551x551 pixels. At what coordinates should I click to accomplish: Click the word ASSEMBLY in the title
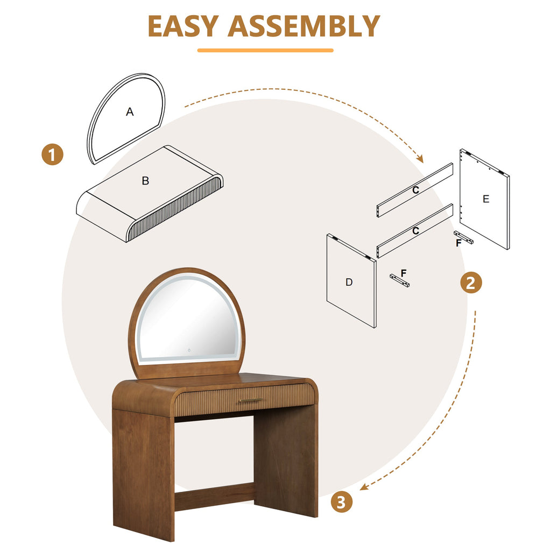coord(304,26)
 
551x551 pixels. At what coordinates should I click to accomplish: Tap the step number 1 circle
coord(52,155)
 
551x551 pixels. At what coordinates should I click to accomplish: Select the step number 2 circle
coord(471,282)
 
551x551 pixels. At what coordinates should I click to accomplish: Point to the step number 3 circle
coord(341,502)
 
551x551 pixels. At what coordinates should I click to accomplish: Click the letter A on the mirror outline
coord(130,112)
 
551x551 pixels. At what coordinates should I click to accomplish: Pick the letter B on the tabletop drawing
coord(145,181)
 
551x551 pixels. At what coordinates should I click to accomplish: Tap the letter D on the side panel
coord(349,282)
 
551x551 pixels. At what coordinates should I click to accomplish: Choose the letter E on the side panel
coord(486,199)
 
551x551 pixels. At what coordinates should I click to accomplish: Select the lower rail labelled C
coord(415,231)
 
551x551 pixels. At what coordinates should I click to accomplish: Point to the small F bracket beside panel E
coord(464,238)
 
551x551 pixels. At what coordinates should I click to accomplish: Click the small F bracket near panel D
coord(399,280)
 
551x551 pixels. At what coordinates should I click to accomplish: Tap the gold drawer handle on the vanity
coord(251,400)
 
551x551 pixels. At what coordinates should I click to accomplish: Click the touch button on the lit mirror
coord(189,351)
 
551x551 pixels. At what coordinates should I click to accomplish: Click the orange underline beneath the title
coord(265,51)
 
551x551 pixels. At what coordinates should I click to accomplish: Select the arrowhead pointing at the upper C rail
coord(421,159)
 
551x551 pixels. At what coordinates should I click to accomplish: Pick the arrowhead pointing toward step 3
coord(363,488)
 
